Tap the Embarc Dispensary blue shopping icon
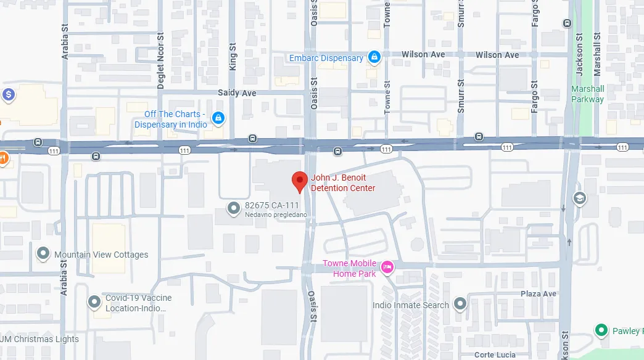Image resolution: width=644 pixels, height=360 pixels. click(373, 58)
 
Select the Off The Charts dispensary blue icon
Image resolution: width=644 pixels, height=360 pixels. click(217, 118)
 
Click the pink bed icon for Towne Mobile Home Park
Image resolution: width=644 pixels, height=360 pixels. click(387, 267)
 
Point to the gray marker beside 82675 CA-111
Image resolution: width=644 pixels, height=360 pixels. click(233, 209)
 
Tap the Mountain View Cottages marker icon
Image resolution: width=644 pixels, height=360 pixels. click(43, 254)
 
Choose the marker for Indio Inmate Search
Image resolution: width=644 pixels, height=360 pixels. click(460, 304)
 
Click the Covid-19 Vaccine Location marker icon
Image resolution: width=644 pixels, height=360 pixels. click(94, 301)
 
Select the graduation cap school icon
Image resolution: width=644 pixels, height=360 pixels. click(579, 198)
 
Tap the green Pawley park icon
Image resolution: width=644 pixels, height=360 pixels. click(601, 330)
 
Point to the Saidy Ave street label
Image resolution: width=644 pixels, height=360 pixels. click(237, 92)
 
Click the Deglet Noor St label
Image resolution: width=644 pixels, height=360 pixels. click(160, 60)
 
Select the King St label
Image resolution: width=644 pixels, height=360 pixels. click(233, 56)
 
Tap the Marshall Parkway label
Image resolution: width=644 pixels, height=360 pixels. click(587, 94)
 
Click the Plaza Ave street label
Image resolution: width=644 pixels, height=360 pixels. click(538, 293)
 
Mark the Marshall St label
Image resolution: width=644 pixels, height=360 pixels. click(597, 55)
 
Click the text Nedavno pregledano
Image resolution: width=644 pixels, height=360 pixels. click(276, 215)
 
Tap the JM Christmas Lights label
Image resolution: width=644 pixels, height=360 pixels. click(39, 339)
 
